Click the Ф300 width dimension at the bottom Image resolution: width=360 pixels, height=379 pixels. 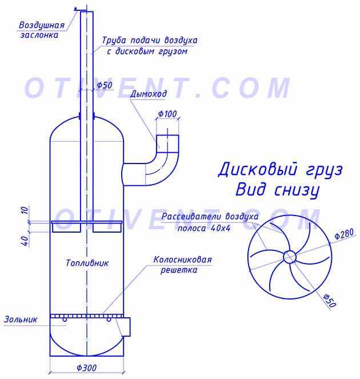[x=86, y=368]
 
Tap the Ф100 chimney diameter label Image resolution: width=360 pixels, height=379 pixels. [x=167, y=114]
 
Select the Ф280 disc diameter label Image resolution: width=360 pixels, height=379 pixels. [x=344, y=234]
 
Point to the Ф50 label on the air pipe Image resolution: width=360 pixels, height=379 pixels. [x=105, y=85]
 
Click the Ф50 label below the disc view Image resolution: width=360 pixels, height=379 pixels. [x=330, y=301]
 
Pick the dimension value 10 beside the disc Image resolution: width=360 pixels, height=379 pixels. [x=25, y=210]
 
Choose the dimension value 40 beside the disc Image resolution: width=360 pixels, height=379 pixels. [x=25, y=241]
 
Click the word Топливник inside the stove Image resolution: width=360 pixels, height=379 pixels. [x=87, y=263]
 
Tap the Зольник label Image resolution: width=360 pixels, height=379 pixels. [x=21, y=320]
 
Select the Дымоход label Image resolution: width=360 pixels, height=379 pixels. [x=149, y=94]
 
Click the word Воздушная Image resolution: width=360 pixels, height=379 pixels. [x=42, y=25]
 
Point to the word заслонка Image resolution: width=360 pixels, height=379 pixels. [x=39, y=35]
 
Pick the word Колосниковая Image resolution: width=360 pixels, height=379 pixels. [x=182, y=260]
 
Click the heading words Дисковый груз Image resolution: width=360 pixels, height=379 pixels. [x=280, y=170]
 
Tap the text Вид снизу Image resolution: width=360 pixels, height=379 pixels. [x=277, y=190]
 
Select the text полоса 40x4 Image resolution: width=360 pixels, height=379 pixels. [x=204, y=228]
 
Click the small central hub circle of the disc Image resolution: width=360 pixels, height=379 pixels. [x=290, y=257]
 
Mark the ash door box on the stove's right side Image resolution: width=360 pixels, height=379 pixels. [x=126, y=327]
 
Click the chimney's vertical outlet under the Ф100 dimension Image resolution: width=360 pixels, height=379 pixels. [x=167, y=144]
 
